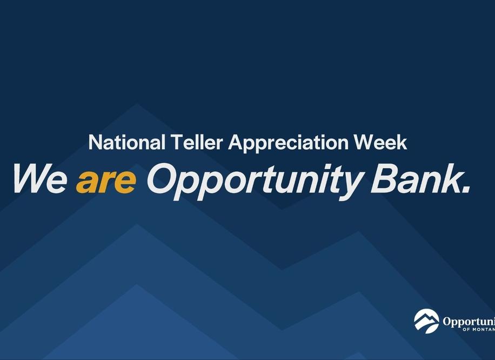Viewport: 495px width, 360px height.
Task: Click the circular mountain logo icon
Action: click(x=426, y=321)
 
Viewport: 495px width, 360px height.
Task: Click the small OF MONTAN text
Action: click(x=479, y=330)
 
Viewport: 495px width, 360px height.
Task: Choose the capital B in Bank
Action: click(x=383, y=178)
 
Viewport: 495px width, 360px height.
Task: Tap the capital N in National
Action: click(x=95, y=143)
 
